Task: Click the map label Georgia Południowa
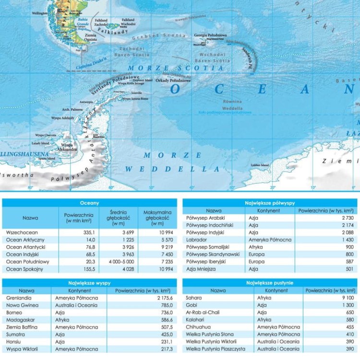pos(211,36)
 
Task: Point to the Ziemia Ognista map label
pos(90,37)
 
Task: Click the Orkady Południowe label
pos(173,81)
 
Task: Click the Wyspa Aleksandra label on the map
pos(67,147)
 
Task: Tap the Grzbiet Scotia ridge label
pos(159,36)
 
